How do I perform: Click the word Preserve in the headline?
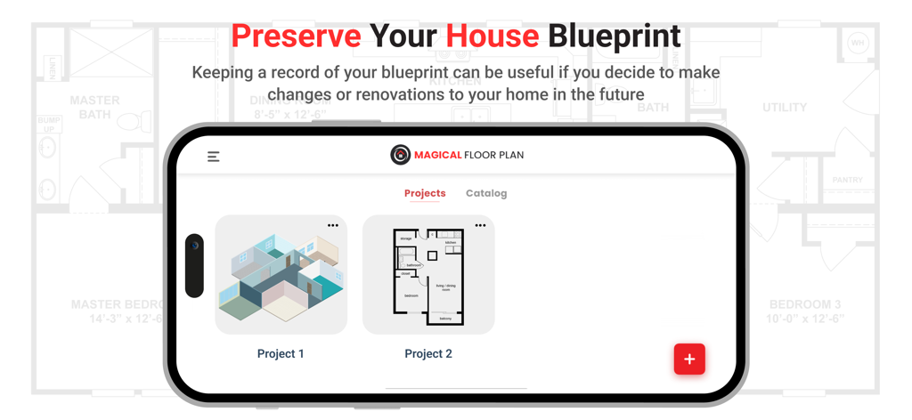(x=296, y=36)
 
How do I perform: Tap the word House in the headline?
(x=492, y=36)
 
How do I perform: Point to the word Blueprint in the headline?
(x=614, y=36)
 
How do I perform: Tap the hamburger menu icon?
(x=214, y=157)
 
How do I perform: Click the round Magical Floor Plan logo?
(x=401, y=155)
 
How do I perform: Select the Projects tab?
(x=425, y=193)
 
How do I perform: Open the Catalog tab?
(x=486, y=193)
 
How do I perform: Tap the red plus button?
(x=689, y=359)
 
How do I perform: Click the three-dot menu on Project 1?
(x=333, y=226)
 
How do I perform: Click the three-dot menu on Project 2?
(x=480, y=226)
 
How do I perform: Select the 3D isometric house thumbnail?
(x=281, y=276)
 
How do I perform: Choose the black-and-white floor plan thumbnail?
(x=428, y=276)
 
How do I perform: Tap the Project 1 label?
(x=281, y=354)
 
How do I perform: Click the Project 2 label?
(x=428, y=354)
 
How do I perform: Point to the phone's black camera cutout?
(x=194, y=265)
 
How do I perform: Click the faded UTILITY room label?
(x=785, y=108)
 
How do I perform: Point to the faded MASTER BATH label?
(x=94, y=108)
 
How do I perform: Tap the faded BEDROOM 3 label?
(x=805, y=305)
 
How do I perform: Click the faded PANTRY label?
(x=847, y=181)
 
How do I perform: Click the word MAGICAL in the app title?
(x=437, y=155)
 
